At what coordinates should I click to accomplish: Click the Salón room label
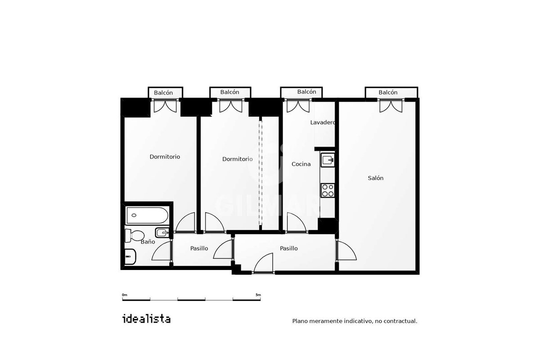(375, 178)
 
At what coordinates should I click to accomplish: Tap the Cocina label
(301, 164)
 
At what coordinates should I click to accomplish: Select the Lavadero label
(322, 122)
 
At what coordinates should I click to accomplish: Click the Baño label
(148, 242)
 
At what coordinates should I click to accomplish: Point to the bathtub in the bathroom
(147, 215)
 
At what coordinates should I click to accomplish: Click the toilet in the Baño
(134, 235)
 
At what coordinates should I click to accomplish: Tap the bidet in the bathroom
(162, 233)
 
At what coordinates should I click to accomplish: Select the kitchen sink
(328, 160)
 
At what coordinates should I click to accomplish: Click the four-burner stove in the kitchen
(328, 190)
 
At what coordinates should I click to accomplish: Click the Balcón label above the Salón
(388, 92)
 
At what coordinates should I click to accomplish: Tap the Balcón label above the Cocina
(306, 92)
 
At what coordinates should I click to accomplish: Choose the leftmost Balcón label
(163, 93)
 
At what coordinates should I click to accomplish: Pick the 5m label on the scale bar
(258, 295)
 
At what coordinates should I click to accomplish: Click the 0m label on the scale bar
(124, 295)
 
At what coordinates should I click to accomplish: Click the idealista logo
(147, 319)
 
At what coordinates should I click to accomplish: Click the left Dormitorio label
(165, 157)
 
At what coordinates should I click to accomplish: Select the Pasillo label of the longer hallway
(288, 248)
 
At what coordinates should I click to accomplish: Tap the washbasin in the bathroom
(130, 256)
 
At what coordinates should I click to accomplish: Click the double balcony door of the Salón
(391, 106)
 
